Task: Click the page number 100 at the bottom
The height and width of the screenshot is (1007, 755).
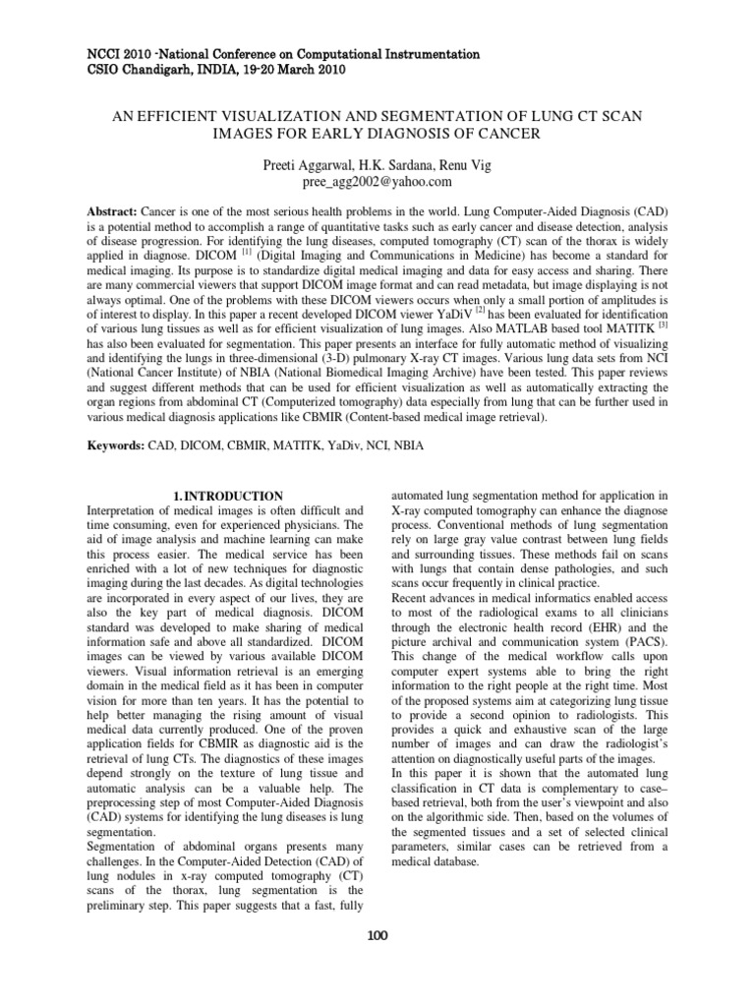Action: click(x=377, y=935)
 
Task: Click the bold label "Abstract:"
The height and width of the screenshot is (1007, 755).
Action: click(x=113, y=212)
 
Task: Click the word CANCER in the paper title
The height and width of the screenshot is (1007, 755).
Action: click(x=510, y=133)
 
